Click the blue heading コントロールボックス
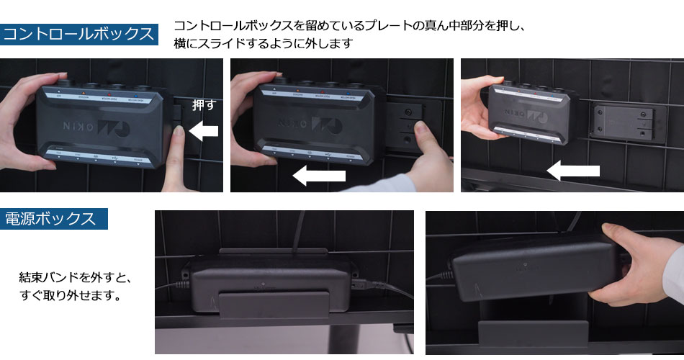pos(79,34)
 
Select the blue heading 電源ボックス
pos(54,219)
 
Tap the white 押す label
pos(204,105)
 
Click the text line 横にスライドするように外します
pos(263,44)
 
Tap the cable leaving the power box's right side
pos(382,288)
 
